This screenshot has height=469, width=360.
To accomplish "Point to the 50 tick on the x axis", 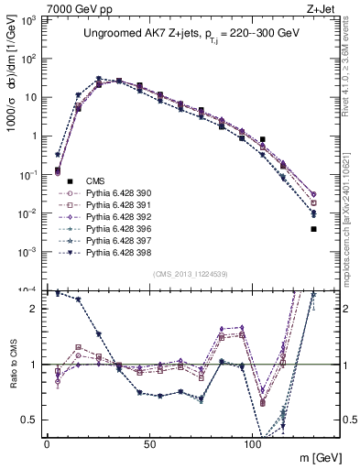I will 149,443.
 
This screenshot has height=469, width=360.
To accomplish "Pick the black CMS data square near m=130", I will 313,229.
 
